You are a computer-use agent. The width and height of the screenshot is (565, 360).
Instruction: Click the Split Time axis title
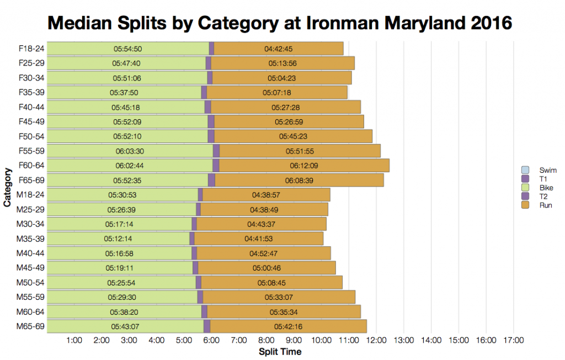[280, 352]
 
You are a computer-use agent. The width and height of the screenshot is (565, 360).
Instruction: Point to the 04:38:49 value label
[264, 209]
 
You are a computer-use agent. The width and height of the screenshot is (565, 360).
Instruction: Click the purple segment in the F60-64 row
[216, 166]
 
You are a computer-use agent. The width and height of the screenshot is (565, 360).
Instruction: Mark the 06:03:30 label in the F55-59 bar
[130, 151]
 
